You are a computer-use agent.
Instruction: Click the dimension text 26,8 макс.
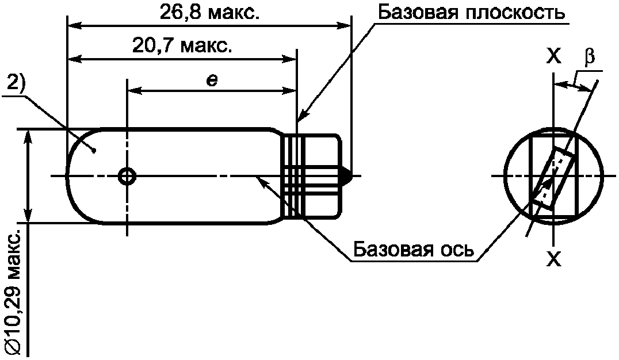coord(209,13)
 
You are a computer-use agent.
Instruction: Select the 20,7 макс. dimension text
coord(182,46)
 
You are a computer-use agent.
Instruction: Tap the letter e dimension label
coord(212,81)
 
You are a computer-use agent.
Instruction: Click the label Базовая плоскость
coord(472,13)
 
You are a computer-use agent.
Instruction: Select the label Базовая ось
coord(413,249)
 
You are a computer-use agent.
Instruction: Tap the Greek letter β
coord(590,56)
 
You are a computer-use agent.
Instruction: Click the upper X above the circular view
coord(554,57)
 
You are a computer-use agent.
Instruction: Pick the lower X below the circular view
coord(554,259)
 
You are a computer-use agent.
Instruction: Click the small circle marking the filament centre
coord(127,176)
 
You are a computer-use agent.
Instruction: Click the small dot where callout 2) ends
coord(94,150)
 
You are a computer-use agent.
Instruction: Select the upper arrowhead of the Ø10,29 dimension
coord(27,137)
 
